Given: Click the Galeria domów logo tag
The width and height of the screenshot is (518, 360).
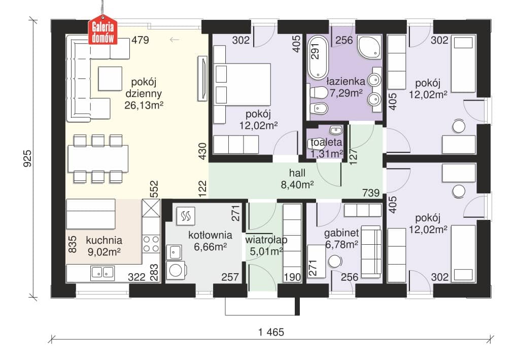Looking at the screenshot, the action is (x=103, y=30).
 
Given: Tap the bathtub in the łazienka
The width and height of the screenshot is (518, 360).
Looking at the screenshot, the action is (x=318, y=57).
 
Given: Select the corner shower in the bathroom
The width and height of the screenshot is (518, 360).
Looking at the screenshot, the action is (x=369, y=46).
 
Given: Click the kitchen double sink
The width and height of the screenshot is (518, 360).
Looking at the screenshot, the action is (x=103, y=272).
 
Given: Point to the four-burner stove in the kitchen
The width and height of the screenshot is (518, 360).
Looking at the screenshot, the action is (x=151, y=244).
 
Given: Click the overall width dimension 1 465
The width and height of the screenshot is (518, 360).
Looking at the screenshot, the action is (x=271, y=332).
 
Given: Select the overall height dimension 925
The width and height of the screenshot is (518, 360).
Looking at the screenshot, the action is (x=28, y=158).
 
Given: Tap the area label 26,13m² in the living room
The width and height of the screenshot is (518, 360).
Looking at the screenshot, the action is (x=144, y=105).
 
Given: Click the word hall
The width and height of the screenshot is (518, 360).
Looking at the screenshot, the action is (x=297, y=173).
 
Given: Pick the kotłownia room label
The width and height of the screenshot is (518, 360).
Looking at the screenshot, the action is (x=210, y=235).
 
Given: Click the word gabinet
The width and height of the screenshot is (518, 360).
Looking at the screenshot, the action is (x=341, y=233).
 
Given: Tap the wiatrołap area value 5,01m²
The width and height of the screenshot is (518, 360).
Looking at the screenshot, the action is (x=266, y=251).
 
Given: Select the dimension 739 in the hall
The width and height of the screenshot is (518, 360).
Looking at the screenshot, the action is (x=371, y=192).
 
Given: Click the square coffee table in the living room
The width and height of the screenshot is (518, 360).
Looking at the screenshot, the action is (x=110, y=79).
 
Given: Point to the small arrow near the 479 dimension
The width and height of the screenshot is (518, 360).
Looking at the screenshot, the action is (x=174, y=40).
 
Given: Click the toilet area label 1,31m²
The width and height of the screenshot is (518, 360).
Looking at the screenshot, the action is (x=326, y=154).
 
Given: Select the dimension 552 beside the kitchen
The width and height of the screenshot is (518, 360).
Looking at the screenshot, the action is (x=154, y=189).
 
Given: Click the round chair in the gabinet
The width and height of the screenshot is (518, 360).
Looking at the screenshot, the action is (x=335, y=261).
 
